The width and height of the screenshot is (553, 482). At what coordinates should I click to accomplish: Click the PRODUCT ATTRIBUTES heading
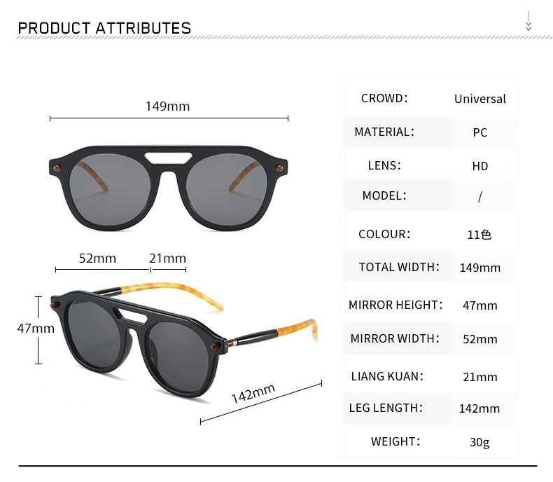(104, 29)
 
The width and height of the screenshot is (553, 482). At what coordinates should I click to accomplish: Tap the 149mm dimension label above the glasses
(167, 106)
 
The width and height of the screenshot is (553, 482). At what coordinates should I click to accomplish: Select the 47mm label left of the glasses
(36, 328)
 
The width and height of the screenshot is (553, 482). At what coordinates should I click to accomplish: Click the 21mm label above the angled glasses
(168, 259)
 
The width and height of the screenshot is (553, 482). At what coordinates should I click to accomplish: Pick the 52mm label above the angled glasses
(97, 259)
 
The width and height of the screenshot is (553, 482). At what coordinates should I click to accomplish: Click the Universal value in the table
(479, 99)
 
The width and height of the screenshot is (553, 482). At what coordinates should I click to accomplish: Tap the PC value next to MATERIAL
(479, 132)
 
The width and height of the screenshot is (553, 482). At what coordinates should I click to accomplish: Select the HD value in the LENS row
(479, 166)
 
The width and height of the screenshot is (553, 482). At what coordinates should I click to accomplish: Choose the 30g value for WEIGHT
(479, 442)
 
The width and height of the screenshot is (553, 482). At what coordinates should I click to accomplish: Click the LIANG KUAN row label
(387, 376)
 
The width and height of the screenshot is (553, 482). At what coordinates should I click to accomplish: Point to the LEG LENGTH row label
(386, 408)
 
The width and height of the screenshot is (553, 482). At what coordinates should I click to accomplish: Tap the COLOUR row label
(384, 234)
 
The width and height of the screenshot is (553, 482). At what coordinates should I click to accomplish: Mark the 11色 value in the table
(479, 235)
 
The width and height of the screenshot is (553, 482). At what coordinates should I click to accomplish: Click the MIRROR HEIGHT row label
(396, 305)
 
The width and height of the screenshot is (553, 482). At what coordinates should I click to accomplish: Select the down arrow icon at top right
(528, 22)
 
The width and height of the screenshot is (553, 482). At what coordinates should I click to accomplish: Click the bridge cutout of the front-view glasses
(168, 155)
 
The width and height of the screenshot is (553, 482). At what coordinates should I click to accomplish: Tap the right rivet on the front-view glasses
(281, 167)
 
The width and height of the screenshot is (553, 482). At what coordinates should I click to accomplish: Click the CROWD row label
(384, 98)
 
